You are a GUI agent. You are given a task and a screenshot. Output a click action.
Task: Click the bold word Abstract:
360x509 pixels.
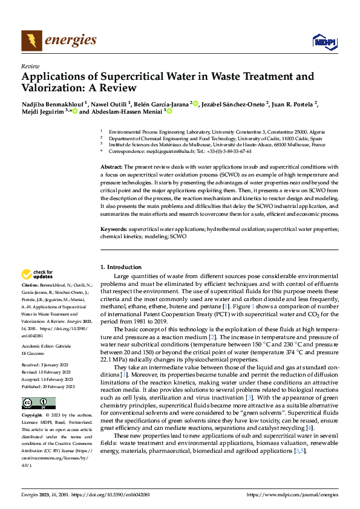point(111,166)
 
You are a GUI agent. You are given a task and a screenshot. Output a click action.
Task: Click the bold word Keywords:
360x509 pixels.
point(113,230)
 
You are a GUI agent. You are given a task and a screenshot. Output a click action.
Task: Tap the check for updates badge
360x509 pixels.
point(38,274)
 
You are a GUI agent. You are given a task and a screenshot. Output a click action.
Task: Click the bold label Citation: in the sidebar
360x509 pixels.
point(31,285)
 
